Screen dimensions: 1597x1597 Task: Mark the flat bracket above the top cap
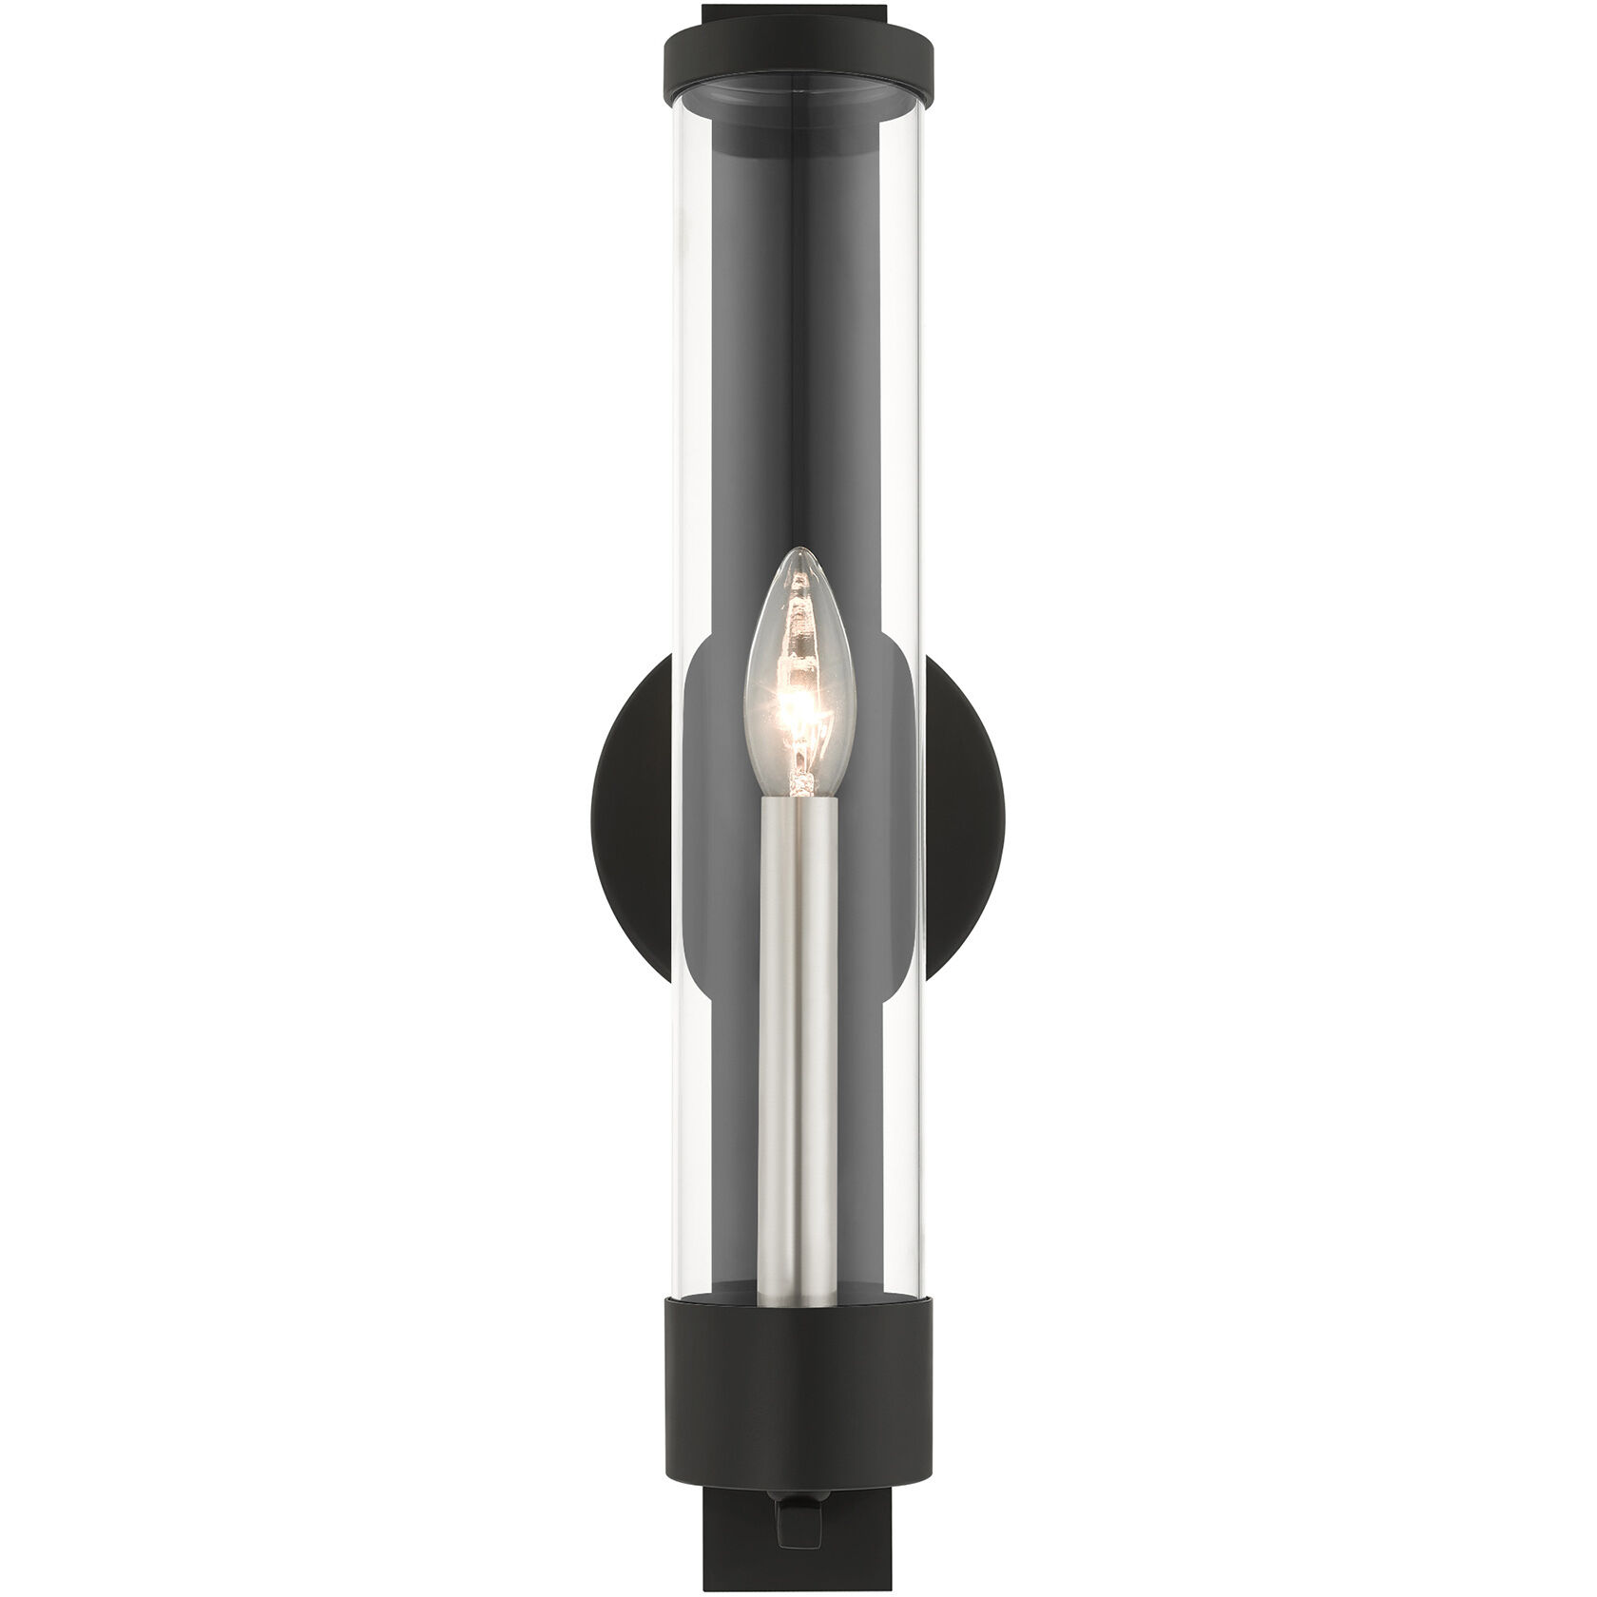pyautogui.click(x=798, y=10)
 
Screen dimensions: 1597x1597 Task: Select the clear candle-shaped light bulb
pyautogui.click(x=798, y=684)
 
